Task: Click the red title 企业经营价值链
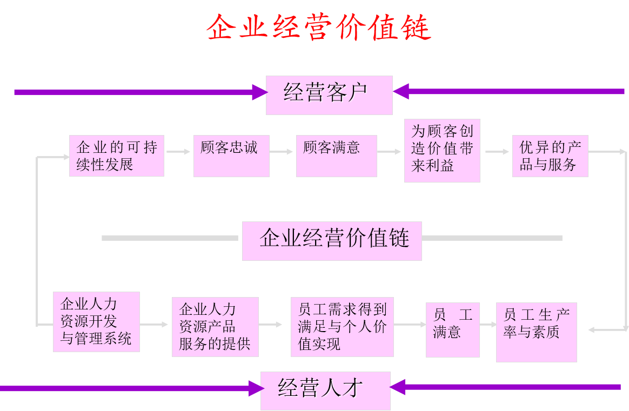pos(319,27)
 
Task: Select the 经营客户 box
pos(329,95)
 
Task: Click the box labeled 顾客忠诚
pos(231,156)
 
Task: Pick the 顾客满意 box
pos(336,156)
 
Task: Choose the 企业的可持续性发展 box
pos(117,156)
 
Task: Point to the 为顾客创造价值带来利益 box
pos(442,151)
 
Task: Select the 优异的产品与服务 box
pos(550,156)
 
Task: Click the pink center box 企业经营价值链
pos(332,240)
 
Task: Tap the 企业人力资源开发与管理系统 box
pos(96,322)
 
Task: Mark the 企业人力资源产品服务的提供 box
pos(215,327)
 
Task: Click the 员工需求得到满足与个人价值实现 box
pos(342,327)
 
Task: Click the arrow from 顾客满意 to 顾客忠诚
pos(282,152)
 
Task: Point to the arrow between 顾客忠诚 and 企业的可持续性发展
pos(178,152)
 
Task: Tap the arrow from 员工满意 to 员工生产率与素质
pos(488,325)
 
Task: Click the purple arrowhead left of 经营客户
pos(259,92)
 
